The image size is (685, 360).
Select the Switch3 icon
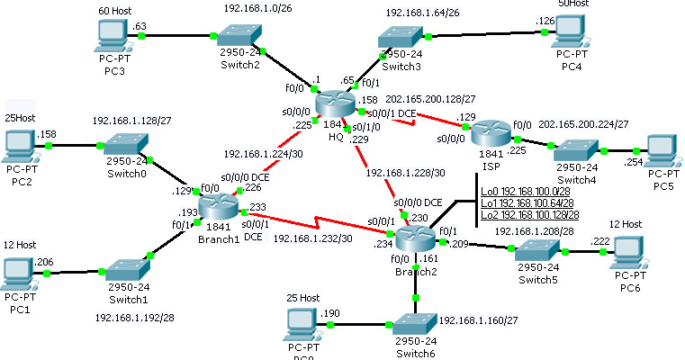[401, 37]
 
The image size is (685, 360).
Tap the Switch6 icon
[415, 324]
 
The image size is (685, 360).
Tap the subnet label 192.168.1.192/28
[135, 318]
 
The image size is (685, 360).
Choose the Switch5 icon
[537, 253]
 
